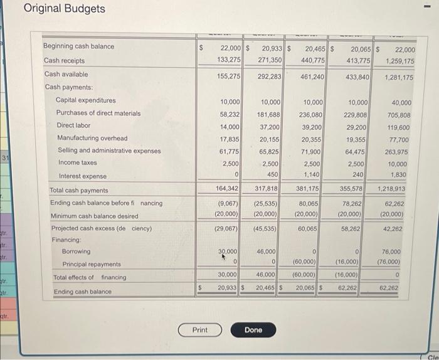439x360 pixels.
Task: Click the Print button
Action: point(199,330)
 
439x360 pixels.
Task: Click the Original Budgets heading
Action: point(65,9)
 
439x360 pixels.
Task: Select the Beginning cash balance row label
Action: point(78,46)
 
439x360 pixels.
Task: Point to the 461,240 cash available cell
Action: point(312,77)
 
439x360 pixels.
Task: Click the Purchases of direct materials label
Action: point(98,113)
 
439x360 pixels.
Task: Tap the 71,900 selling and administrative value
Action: point(312,152)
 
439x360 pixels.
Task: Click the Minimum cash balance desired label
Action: point(94,216)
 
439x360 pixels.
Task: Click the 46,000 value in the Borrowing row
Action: point(270,251)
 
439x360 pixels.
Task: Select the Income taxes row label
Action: point(77,163)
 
